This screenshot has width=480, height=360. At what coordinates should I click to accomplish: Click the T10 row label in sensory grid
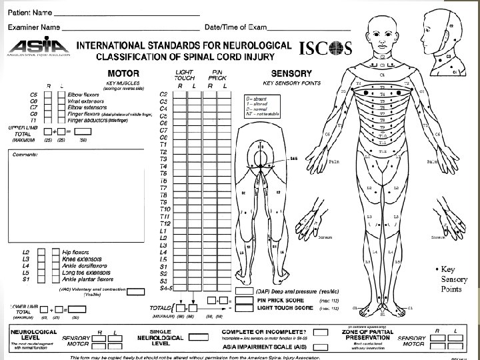tap(164, 209)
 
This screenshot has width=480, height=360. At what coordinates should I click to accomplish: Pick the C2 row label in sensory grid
tap(164, 94)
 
